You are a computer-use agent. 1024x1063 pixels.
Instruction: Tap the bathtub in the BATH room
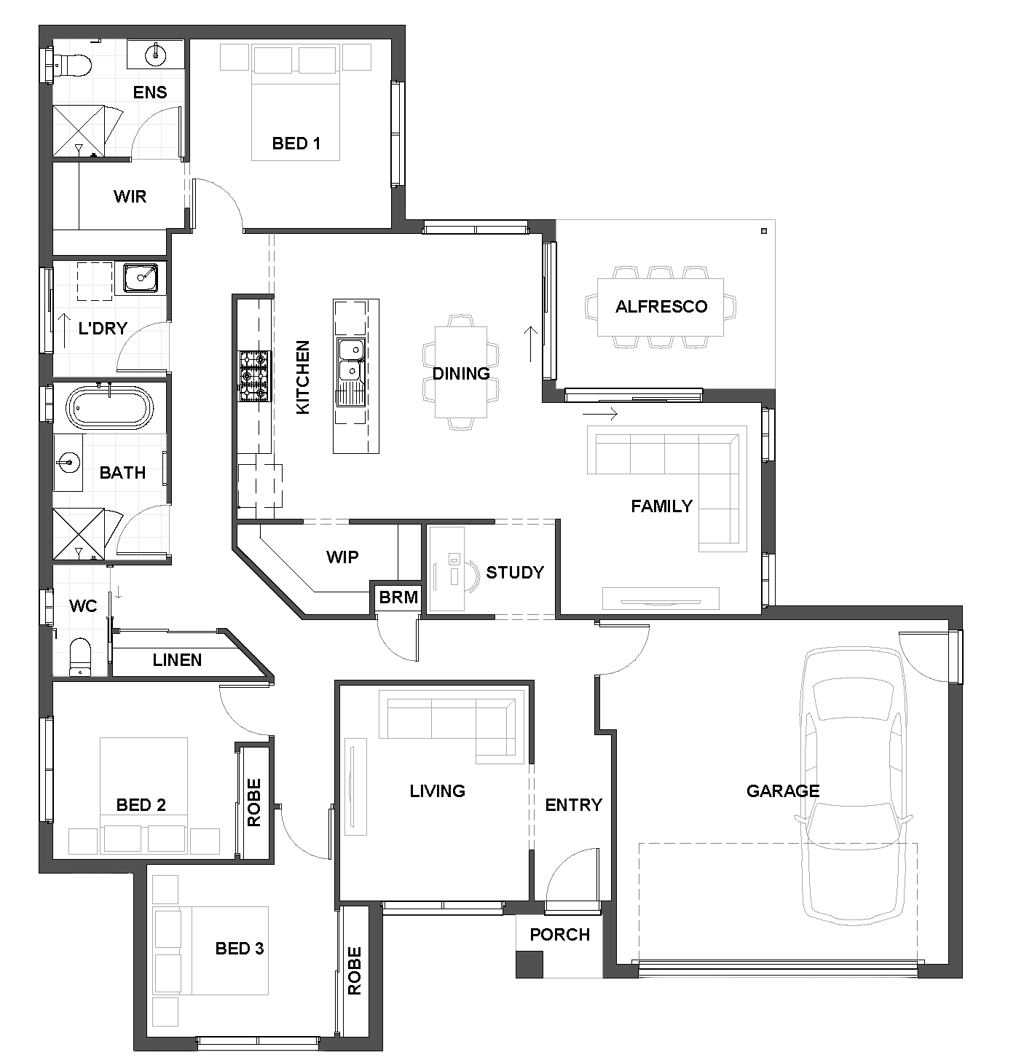[x=109, y=408]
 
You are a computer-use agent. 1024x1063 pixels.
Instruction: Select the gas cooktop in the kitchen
[x=254, y=376]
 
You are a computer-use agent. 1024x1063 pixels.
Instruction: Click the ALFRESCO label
[x=661, y=307]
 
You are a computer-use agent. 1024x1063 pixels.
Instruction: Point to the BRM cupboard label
[x=398, y=597]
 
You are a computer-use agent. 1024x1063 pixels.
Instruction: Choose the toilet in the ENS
[x=73, y=66]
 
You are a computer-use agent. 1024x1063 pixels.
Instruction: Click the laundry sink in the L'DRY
[x=141, y=278]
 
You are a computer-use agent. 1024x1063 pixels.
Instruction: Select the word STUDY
[x=514, y=573]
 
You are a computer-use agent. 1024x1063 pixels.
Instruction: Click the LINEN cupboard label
[x=177, y=660]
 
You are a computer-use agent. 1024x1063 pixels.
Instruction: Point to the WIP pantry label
[x=342, y=557]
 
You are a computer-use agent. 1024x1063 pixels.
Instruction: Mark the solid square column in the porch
[x=529, y=965]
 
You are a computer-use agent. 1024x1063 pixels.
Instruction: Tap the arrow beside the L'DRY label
[x=64, y=331]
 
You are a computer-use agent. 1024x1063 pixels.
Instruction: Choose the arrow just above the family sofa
[x=599, y=414]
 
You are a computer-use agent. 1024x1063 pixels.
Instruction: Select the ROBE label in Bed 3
[x=355, y=970]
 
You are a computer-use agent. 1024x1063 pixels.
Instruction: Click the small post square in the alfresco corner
[x=764, y=231]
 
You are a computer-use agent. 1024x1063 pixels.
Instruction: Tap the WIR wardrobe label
[x=130, y=197]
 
